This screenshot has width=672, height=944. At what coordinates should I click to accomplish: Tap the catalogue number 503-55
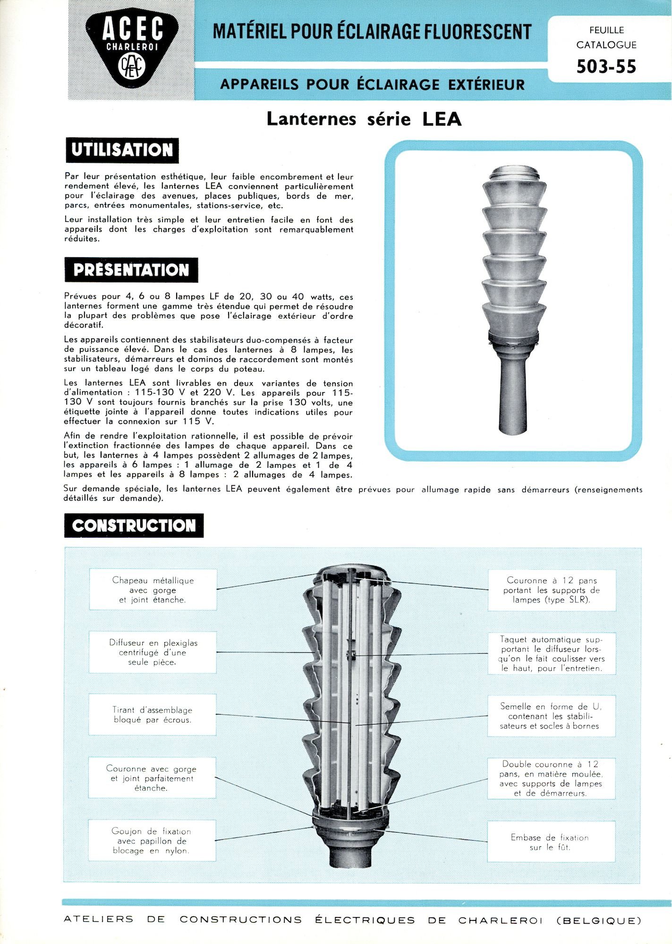606,67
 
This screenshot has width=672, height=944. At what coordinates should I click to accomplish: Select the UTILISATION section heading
122,150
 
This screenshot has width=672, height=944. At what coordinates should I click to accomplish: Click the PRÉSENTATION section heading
131,270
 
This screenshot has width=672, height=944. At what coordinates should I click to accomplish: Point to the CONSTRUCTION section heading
134,525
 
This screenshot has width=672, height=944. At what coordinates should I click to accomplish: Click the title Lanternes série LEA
364,118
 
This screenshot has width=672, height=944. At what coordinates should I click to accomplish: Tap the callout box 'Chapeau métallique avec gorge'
153,590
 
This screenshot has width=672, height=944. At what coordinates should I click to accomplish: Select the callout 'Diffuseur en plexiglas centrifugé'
153,652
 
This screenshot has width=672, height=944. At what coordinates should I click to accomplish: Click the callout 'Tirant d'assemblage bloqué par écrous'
153,715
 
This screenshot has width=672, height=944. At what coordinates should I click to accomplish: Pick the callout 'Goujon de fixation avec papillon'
152,841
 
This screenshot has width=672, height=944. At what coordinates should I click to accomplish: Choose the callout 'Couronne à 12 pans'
551,590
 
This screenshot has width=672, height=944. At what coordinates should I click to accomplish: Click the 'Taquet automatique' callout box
552,654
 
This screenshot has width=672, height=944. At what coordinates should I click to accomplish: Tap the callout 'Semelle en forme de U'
551,716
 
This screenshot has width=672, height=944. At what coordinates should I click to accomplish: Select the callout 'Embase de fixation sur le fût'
551,842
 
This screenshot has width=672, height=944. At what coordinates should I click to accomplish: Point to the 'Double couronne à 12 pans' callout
551,778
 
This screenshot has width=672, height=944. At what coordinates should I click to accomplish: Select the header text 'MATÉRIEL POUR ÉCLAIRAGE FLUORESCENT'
372,32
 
